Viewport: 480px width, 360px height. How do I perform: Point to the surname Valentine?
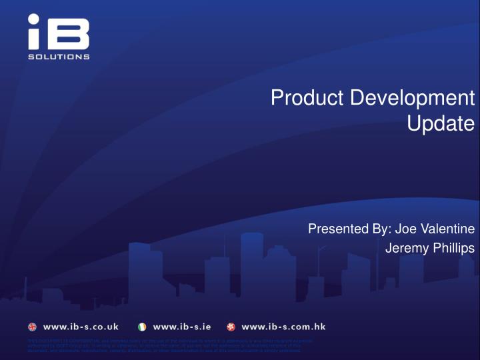pyautogui.click(x=446, y=229)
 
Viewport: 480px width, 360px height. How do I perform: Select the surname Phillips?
pyautogui.click(x=451, y=248)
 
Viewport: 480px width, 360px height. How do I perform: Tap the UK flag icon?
pyautogui.click(x=33, y=327)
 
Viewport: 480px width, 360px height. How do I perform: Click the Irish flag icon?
pyautogui.click(x=142, y=327)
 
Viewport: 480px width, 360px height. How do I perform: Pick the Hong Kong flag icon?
pyautogui.click(x=231, y=327)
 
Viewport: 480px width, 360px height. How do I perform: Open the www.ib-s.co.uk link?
pyautogui.click(x=81, y=327)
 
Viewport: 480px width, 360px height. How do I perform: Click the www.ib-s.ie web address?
pyautogui.click(x=182, y=327)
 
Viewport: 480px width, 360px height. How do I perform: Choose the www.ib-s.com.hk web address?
pyautogui.click(x=283, y=327)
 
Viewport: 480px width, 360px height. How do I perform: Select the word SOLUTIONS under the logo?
pyautogui.click(x=59, y=57)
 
